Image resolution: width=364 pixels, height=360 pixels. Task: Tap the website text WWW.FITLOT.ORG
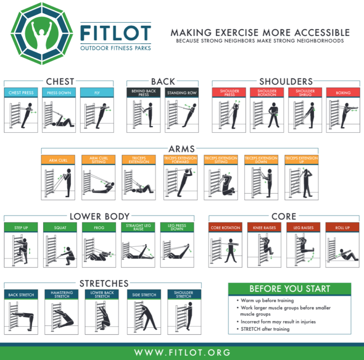[x=182, y=352]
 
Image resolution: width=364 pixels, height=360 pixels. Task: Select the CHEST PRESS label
[x=21, y=92]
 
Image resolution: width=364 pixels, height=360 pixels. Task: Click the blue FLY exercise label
[x=97, y=92]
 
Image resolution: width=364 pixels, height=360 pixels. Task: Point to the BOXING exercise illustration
[x=343, y=114]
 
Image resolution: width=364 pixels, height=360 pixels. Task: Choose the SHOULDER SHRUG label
[x=305, y=92]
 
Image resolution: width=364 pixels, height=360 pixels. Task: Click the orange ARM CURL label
[x=58, y=160]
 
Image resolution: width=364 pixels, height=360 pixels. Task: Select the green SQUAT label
[x=60, y=228]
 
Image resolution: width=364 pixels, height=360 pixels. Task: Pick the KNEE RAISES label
[x=264, y=228]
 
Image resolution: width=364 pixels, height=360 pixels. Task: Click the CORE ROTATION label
[x=225, y=228]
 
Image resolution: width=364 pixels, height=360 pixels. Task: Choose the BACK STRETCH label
[x=21, y=295]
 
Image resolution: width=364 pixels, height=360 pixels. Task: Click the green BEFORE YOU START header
[x=290, y=289]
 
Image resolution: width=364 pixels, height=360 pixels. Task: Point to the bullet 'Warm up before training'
[x=267, y=300]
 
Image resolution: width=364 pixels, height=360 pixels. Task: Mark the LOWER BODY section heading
[x=100, y=216]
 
